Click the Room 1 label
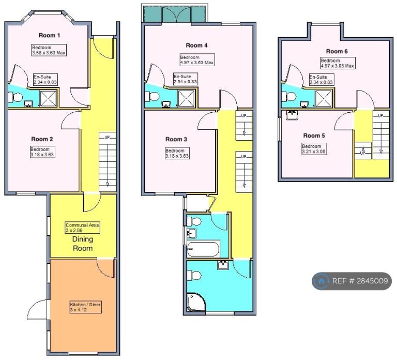point(50,35)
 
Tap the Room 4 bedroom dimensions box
point(197,60)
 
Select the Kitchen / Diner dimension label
point(86,307)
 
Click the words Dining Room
point(83,244)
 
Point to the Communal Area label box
point(82,228)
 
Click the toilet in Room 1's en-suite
point(16,97)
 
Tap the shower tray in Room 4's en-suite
point(186,98)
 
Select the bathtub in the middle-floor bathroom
point(203,249)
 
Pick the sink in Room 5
point(292,115)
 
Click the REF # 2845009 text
point(360,281)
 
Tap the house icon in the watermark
point(321,281)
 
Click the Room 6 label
point(337,51)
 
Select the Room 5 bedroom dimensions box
point(314,149)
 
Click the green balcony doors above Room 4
point(176,14)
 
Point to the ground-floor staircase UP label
point(107,138)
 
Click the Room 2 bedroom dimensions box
point(42,152)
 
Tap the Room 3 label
point(176,139)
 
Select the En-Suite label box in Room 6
point(322,80)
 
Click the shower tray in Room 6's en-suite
point(323,99)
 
